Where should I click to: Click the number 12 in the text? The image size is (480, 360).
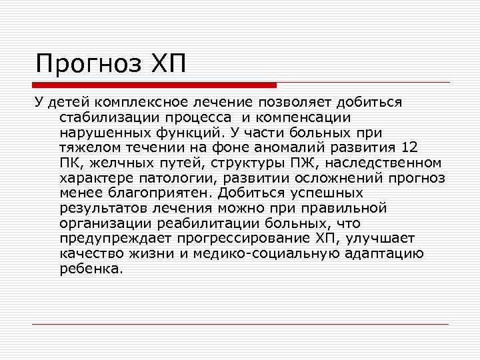(x=411, y=147)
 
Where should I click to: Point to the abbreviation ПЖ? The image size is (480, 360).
(x=292, y=163)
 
